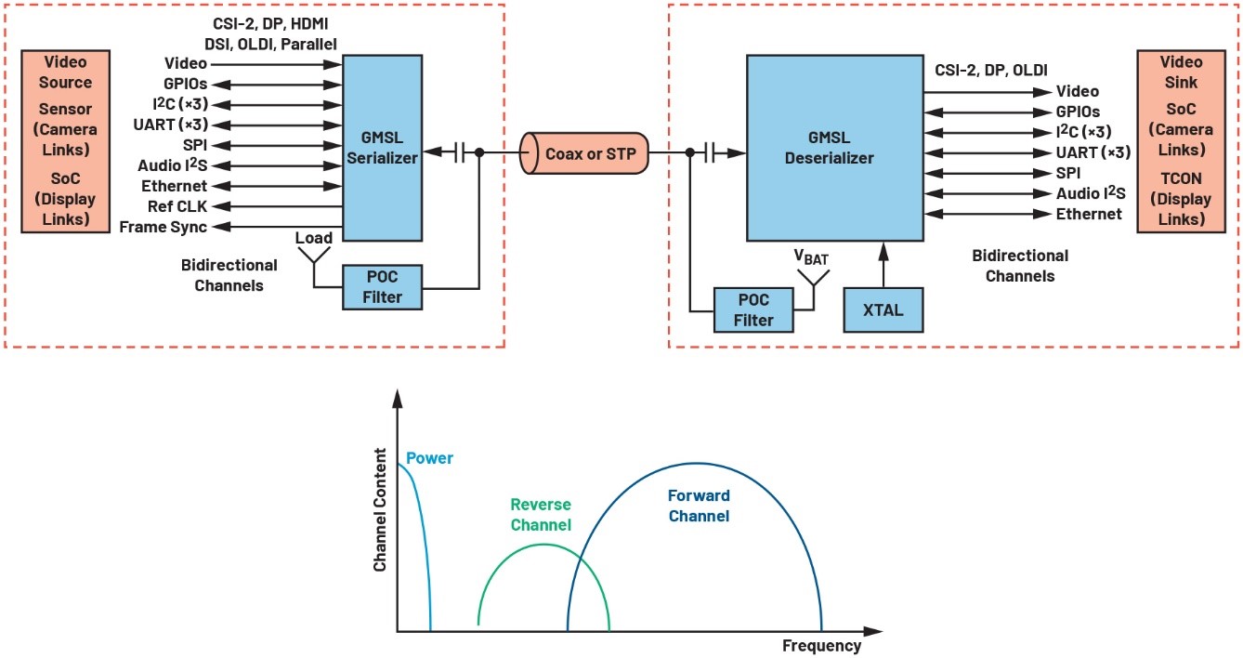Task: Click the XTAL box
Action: point(883,309)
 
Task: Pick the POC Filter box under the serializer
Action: point(382,287)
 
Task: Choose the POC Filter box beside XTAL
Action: point(753,309)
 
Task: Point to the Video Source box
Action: point(66,140)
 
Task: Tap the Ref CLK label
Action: point(177,206)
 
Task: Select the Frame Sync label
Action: point(164,227)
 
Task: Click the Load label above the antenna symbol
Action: point(314,239)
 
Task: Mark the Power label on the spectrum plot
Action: point(429,458)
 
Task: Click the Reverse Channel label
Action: point(541,515)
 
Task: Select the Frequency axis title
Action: point(821,646)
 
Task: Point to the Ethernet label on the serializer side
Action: point(174,186)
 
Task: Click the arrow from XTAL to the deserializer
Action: point(883,263)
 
